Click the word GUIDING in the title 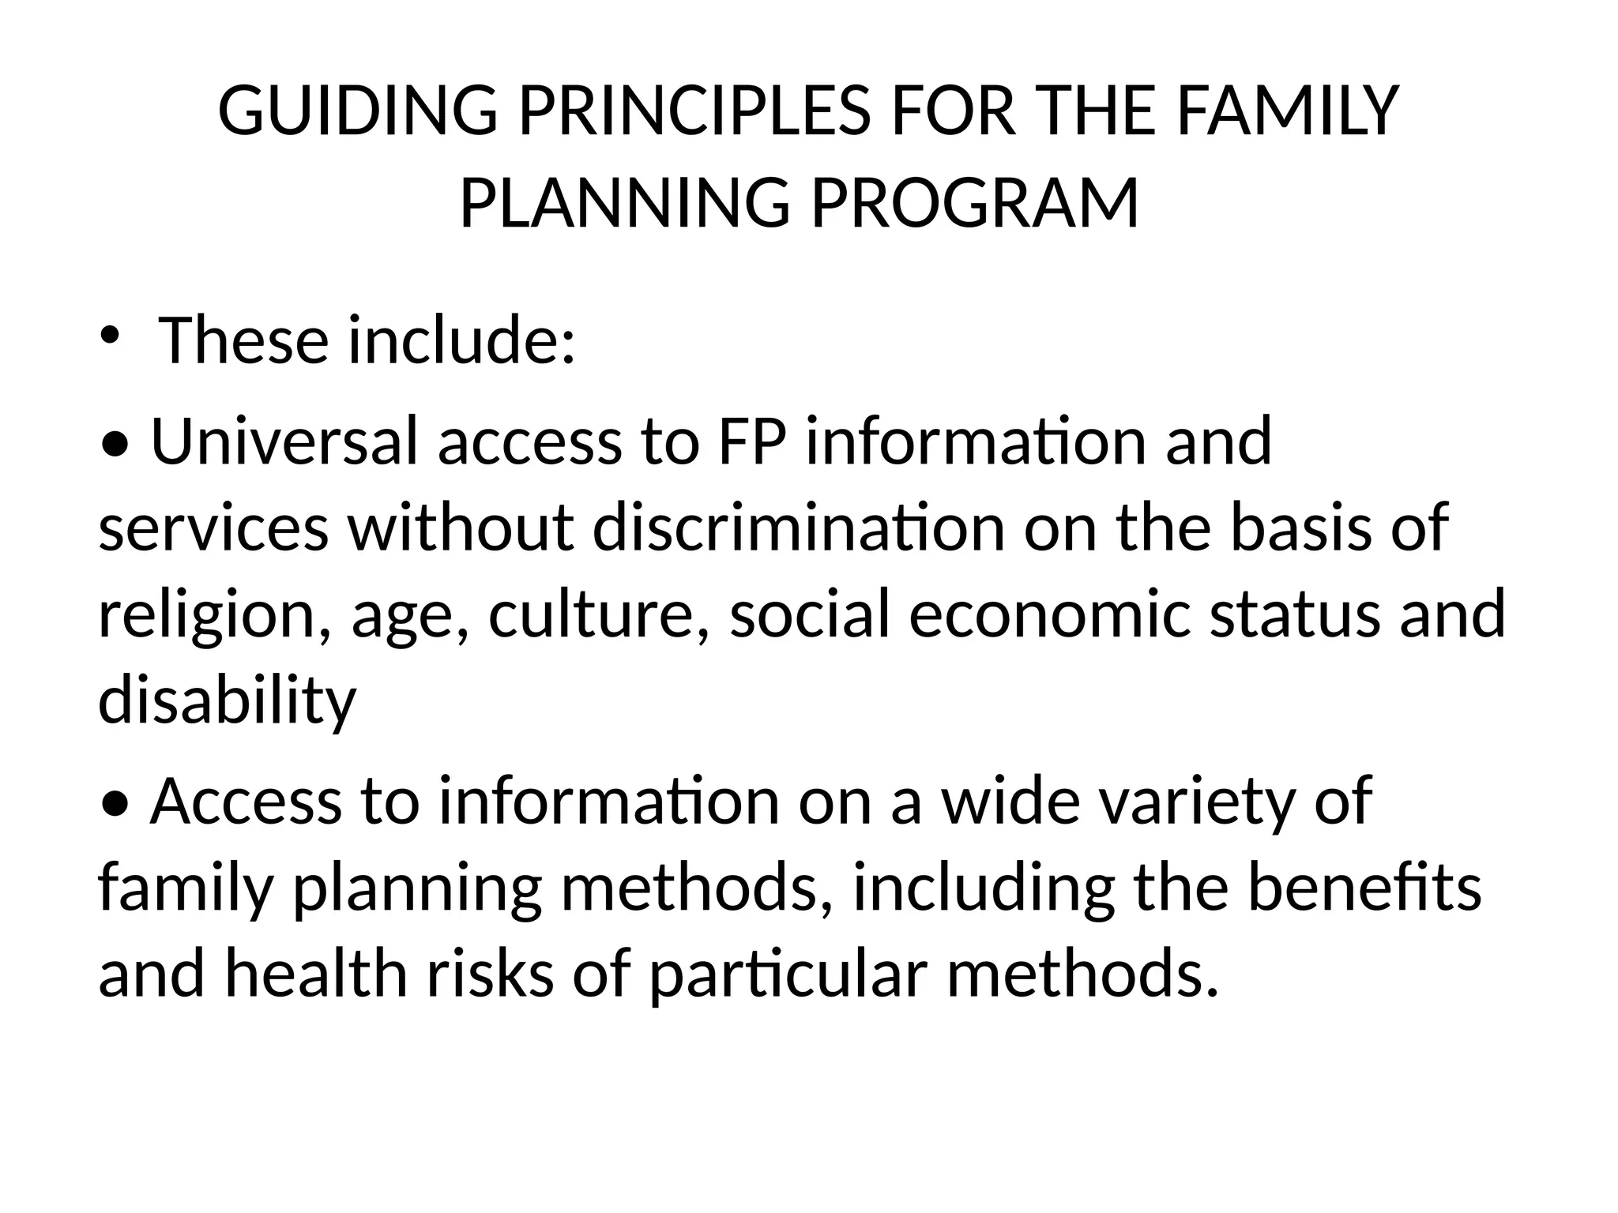tap(357, 111)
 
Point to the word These tap(243, 340)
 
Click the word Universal tap(283, 441)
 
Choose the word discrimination tap(798, 528)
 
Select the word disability tap(228, 701)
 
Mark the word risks tap(491, 974)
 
